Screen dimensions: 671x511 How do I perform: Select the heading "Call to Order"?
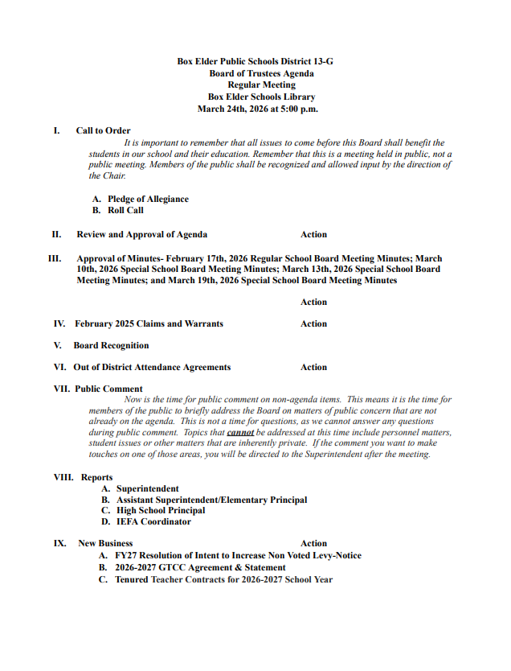[x=103, y=130]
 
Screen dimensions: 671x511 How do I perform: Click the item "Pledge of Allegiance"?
[x=148, y=199]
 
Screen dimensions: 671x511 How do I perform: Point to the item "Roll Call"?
[x=125, y=210]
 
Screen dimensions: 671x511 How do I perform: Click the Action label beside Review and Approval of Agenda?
[x=313, y=235]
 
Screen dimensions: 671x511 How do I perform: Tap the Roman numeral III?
[x=55, y=259]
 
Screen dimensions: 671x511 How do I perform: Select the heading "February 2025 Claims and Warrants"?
[x=149, y=323]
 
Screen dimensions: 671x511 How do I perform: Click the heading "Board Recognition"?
[x=111, y=345]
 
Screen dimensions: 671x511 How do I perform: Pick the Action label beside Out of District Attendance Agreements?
[x=313, y=367]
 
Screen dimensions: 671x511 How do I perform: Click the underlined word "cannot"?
[x=240, y=432]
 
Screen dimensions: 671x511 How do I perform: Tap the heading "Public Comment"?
[x=108, y=389]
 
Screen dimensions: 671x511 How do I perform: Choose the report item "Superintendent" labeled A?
[x=147, y=488]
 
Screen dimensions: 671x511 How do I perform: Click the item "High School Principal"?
[x=161, y=510]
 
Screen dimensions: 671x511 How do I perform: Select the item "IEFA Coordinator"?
[x=153, y=521]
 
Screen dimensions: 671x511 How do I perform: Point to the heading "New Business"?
[x=105, y=543]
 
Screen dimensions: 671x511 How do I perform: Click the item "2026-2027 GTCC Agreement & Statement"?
[x=200, y=567]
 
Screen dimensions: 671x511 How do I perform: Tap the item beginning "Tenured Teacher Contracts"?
[x=223, y=579]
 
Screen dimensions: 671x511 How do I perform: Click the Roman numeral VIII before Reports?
[x=63, y=477]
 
